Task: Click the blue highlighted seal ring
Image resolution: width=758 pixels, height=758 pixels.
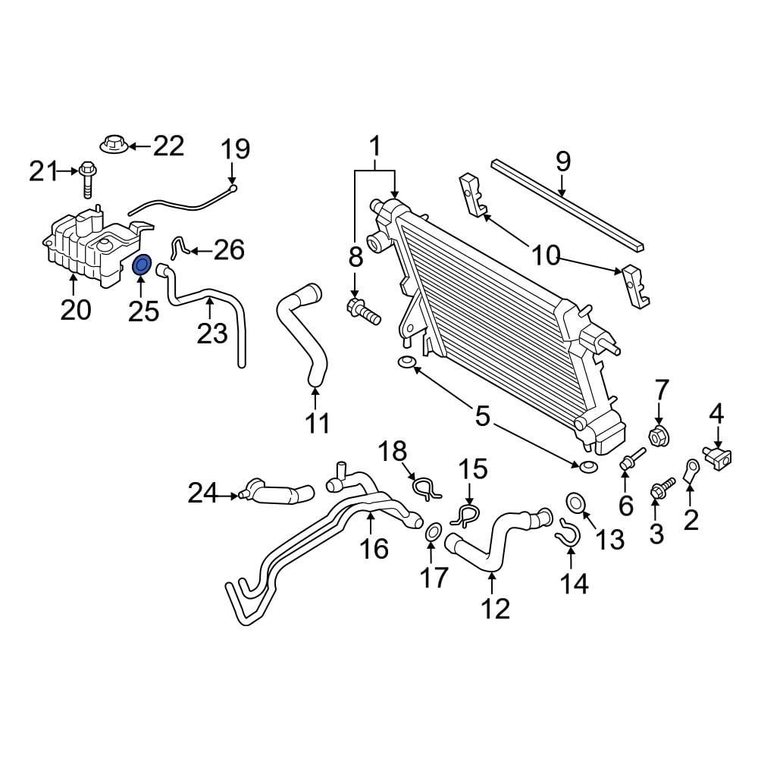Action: (x=142, y=265)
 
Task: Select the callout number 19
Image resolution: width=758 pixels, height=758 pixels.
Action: (x=236, y=149)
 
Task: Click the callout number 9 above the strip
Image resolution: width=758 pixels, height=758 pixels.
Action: (x=562, y=161)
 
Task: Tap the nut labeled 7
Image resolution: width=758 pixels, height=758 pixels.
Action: (x=657, y=437)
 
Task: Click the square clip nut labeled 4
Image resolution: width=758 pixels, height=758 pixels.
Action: (x=719, y=457)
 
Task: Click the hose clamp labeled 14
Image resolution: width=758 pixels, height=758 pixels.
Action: (x=566, y=533)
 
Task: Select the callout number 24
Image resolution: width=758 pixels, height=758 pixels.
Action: (x=202, y=494)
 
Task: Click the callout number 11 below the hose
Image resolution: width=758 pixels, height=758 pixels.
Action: (x=317, y=423)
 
